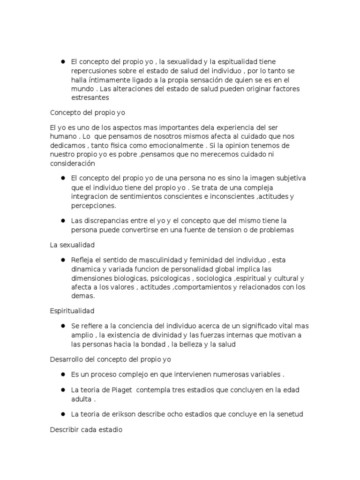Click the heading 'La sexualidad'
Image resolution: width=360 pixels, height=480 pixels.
point(72,245)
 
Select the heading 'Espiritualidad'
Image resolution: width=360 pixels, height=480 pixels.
point(72,311)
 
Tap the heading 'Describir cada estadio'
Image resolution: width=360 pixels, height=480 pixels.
point(86,429)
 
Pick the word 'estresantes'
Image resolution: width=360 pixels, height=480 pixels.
point(90,97)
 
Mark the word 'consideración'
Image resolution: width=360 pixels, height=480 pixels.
point(72,164)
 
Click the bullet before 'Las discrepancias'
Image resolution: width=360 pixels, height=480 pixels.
point(62,221)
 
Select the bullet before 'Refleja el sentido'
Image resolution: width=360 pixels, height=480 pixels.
point(62,260)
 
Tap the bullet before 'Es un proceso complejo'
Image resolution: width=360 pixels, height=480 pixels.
point(62,375)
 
